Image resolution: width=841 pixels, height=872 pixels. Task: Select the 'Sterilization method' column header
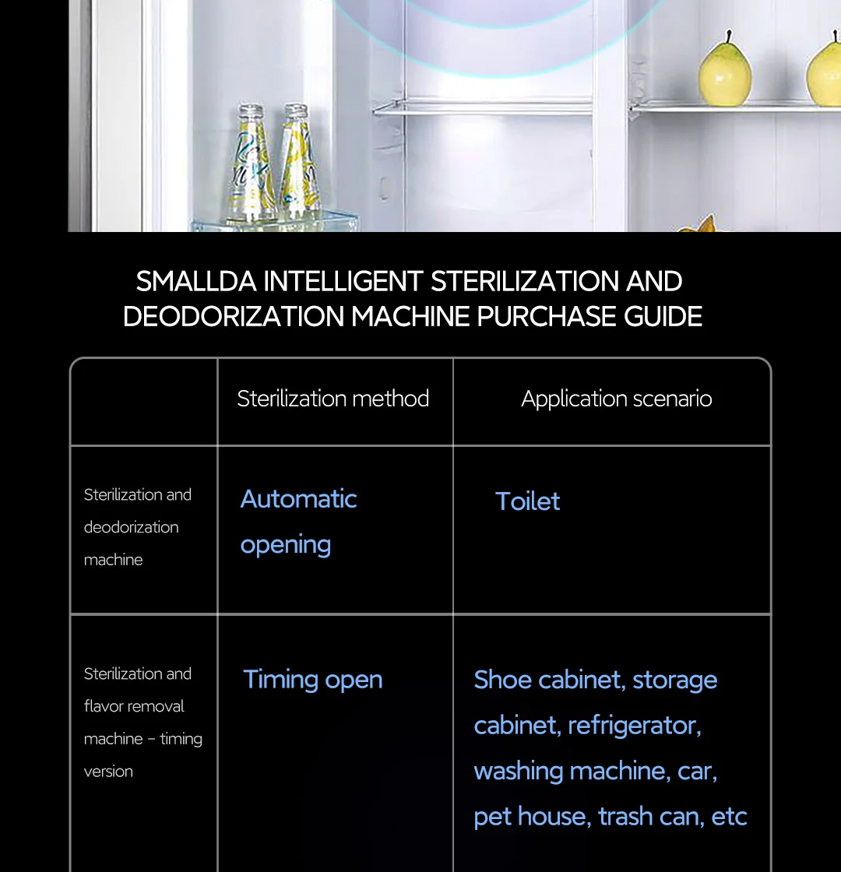click(333, 399)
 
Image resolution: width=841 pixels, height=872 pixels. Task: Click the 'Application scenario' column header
click(616, 399)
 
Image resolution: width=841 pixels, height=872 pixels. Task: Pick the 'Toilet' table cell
click(527, 501)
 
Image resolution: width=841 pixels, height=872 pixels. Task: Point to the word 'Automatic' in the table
click(298, 499)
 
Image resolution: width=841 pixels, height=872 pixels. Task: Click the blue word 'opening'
click(285, 545)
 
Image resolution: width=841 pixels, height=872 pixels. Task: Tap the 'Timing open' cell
click(312, 680)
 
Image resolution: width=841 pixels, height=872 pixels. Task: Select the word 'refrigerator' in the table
click(634, 726)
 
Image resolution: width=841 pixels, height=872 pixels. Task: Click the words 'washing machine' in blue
click(569, 771)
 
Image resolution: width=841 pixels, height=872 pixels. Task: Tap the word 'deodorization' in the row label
click(131, 527)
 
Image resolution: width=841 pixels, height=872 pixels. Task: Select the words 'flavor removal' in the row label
click(134, 706)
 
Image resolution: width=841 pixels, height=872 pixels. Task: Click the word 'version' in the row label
click(108, 772)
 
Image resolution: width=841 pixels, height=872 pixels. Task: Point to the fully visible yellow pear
click(724, 70)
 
